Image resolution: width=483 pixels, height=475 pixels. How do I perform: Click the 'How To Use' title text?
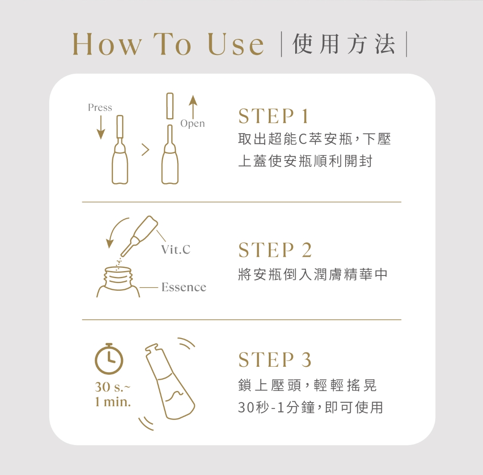(x=168, y=44)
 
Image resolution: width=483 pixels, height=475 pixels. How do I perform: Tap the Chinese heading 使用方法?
(x=344, y=44)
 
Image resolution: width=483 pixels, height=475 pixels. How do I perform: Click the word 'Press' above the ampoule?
(x=100, y=107)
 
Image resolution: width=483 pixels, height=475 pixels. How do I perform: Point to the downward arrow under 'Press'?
(x=101, y=127)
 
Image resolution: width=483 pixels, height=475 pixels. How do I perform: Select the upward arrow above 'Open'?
(x=193, y=107)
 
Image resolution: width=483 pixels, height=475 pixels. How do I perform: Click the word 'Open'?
(x=192, y=123)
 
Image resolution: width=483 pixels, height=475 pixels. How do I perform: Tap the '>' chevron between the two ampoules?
(x=145, y=150)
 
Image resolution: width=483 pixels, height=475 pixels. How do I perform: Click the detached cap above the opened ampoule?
(x=170, y=106)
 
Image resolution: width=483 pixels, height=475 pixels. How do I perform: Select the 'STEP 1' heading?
(x=273, y=116)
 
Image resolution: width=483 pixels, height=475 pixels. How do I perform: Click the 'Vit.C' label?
(x=176, y=249)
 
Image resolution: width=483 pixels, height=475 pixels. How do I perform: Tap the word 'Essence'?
(x=184, y=287)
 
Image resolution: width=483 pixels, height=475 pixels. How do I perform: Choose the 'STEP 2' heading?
(x=275, y=250)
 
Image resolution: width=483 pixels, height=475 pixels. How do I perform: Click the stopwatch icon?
(x=109, y=359)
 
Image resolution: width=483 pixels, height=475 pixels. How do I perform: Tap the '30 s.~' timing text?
(x=113, y=387)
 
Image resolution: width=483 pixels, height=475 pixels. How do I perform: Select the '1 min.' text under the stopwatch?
(x=113, y=402)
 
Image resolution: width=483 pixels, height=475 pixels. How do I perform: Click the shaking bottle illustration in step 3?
(x=170, y=382)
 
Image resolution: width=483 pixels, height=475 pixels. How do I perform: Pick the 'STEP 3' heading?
(x=275, y=360)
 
